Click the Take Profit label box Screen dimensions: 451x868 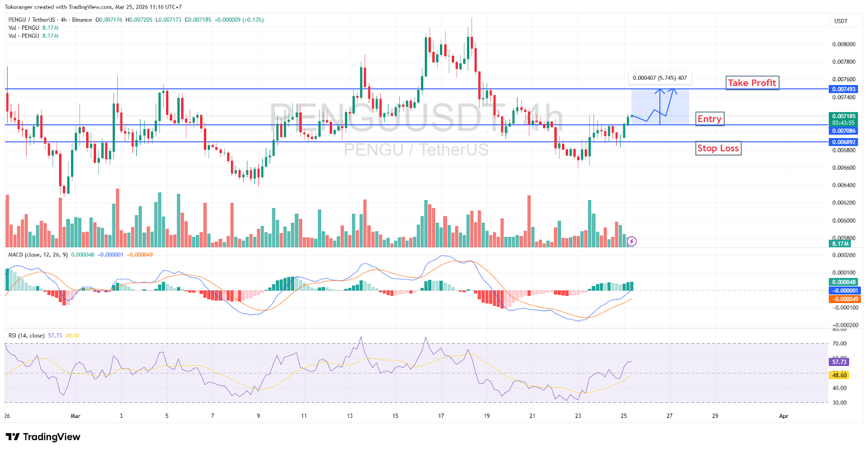752,82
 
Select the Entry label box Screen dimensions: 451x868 709,119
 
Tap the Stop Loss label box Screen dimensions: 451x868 718,148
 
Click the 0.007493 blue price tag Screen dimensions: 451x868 844,89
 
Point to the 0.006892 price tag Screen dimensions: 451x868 844,142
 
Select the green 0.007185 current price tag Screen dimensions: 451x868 844,116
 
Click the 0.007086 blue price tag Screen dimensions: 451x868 844,131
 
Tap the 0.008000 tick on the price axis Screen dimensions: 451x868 844,44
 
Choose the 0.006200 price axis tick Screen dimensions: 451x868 844,203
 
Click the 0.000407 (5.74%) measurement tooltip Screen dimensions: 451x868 660,78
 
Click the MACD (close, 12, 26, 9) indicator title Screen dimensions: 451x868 38,255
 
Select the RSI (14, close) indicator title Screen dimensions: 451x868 27,336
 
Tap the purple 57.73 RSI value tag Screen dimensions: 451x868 839,362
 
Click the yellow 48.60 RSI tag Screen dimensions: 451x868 839,375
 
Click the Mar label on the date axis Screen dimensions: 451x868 75,416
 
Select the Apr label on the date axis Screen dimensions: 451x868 783,416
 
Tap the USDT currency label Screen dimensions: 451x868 840,21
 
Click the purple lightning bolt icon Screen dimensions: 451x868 631,241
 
